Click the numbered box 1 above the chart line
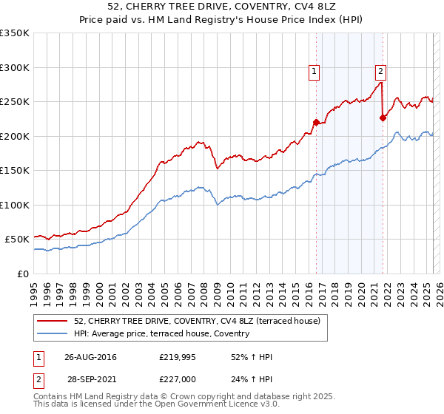tap(314, 72)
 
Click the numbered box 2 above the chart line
tap(380, 72)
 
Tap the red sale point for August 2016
tap(316, 122)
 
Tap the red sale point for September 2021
tap(383, 118)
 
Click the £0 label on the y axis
tap(23, 274)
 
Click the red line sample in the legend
tap(53, 321)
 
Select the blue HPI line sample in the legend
tap(53, 333)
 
